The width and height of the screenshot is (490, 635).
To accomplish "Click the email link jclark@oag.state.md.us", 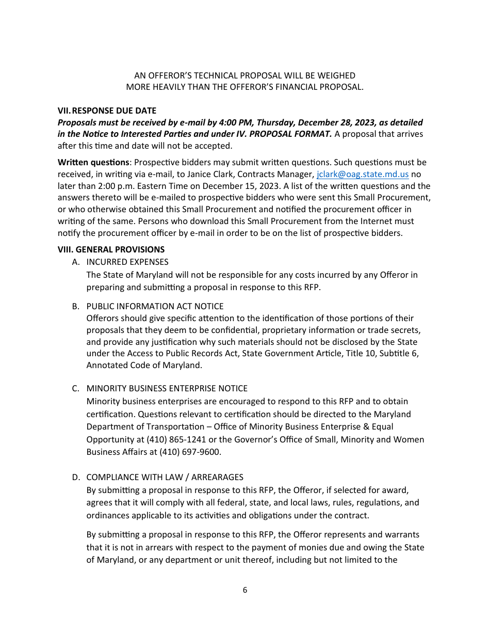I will (x=362, y=174).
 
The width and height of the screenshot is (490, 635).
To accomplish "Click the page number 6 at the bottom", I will (x=245, y=590).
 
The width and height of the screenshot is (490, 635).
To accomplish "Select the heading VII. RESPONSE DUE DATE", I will (x=107, y=110).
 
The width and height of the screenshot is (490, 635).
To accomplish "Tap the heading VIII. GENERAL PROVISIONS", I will (x=111, y=249).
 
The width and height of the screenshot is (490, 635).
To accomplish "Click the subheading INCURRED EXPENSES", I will (x=127, y=262).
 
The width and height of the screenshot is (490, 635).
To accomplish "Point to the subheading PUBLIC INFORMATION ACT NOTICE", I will (x=155, y=306).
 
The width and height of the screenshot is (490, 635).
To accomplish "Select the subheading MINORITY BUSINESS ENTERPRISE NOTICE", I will (x=167, y=388).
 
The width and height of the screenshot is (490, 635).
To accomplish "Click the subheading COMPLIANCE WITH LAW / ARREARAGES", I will (x=165, y=477).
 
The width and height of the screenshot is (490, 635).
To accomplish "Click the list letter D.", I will (x=75, y=477).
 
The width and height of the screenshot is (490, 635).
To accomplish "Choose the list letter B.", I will (x=75, y=306).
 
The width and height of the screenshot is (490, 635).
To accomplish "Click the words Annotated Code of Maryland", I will (x=144, y=365).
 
